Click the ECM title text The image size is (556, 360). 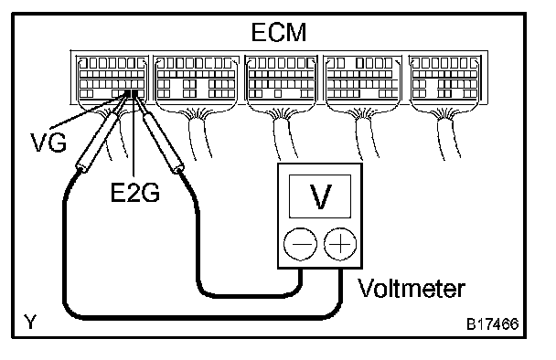point(279,33)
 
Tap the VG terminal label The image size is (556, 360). point(48,143)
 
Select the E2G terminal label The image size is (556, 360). point(135,193)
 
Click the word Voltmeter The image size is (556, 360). point(411,288)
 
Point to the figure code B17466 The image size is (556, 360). point(493,323)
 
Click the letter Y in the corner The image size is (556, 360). point(30,322)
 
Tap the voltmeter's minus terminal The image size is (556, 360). point(300,244)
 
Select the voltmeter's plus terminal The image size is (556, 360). point(340,244)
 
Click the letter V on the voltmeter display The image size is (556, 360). point(321,196)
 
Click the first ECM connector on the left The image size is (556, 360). point(112,79)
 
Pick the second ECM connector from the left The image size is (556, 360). point(196,79)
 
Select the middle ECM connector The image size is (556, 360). point(281,79)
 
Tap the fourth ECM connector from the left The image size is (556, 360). point(363,79)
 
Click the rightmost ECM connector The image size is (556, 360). point(445,79)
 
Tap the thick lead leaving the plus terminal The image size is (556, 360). point(198,317)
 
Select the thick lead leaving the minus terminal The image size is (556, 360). point(248,295)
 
